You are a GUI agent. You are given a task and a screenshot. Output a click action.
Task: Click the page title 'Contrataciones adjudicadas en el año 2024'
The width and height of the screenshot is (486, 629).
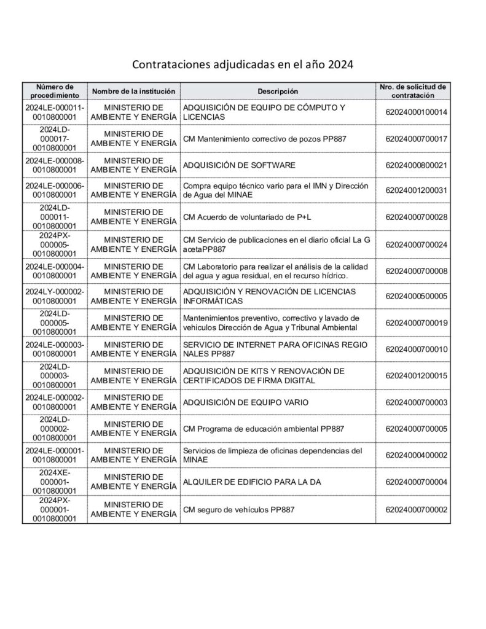[243, 64]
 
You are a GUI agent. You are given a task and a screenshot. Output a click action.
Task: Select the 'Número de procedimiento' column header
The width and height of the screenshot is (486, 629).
[55, 91]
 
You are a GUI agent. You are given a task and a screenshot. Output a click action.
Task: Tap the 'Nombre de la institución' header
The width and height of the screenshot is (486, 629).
[134, 92]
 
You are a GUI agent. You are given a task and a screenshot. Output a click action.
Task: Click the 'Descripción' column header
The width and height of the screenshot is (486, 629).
[278, 92]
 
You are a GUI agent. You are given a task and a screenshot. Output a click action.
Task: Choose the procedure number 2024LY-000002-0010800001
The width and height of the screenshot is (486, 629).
[55, 296]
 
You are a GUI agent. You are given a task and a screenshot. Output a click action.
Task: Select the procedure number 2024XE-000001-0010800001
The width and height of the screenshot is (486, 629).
[55, 482]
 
